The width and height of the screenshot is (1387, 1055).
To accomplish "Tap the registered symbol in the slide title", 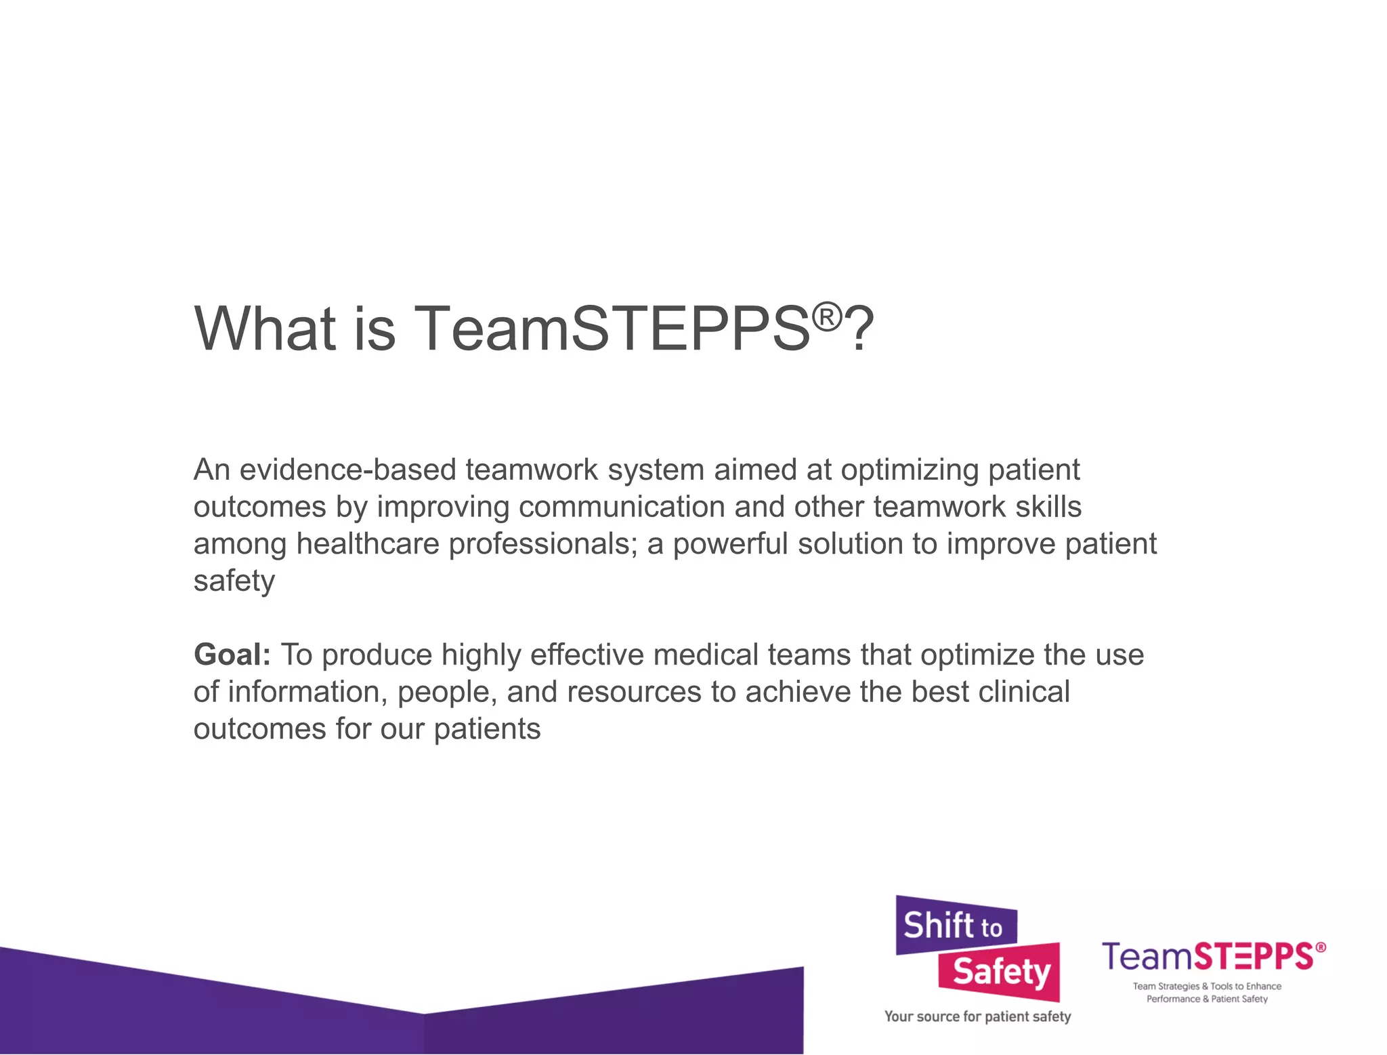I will point(827,316).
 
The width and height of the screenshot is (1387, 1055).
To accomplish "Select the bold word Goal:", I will point(232,655).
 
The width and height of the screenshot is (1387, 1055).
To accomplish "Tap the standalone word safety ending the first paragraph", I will point(234,581).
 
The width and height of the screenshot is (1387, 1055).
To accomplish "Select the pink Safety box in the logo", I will point(1000,972).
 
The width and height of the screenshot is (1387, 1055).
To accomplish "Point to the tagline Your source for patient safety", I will point(977,1016).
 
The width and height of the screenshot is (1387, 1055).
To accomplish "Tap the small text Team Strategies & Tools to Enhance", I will point(1207,987).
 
